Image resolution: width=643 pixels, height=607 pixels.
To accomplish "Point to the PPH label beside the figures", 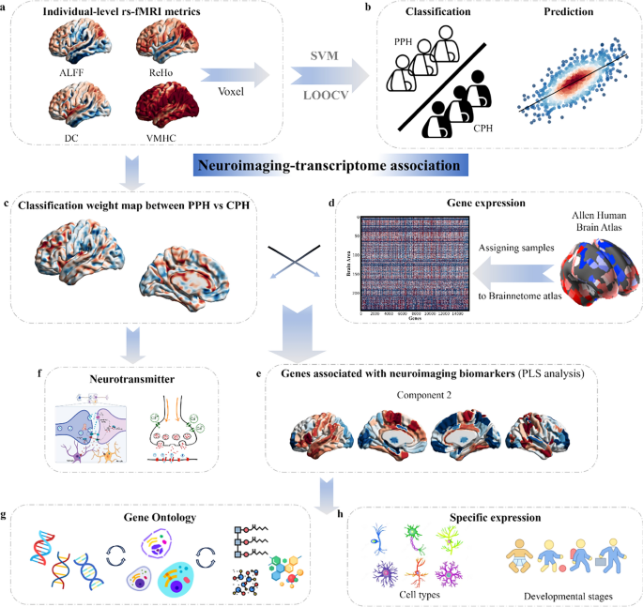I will (404, 42).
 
